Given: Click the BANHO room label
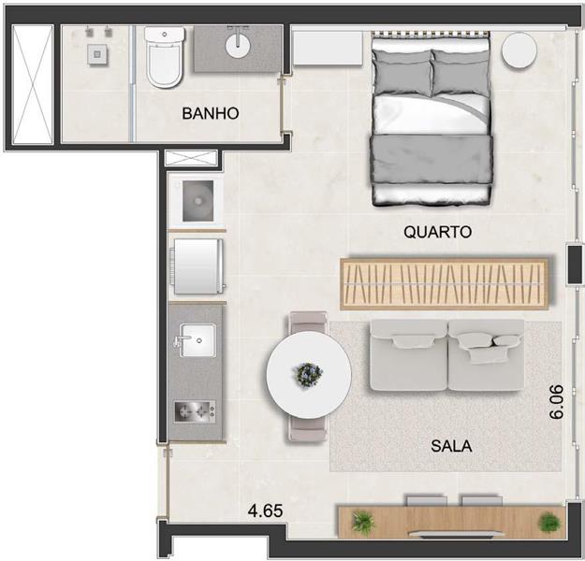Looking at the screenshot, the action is coord(211,113).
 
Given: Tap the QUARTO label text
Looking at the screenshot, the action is coord(438,232).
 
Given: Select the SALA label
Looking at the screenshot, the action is coord(451,446).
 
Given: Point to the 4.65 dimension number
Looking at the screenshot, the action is coord(266,511).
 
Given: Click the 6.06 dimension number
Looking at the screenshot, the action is coord(556,402).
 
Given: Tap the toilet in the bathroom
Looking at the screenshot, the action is coord(165,57).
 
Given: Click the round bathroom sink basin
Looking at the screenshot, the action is coord(238,45).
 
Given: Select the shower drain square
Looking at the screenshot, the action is coord(97,54).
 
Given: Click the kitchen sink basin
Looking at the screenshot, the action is coord(197,340).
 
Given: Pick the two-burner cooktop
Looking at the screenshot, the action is coord(195,411).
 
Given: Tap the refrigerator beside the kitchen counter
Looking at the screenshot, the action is coord(197,266).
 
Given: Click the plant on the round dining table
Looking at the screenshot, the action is coord(309,375).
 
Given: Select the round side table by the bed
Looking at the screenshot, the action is coord(519,50).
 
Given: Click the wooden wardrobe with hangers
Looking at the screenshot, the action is coord(445,283).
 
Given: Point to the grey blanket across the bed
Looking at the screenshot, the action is coord(431,159).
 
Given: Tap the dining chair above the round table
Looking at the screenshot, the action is coord(309,322).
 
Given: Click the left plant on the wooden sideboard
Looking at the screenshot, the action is coord(362,522).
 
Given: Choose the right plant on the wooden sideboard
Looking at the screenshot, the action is coord(549,522).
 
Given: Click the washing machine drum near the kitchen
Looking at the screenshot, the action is coord(197,201).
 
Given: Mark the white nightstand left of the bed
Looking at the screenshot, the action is coord(328,48).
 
